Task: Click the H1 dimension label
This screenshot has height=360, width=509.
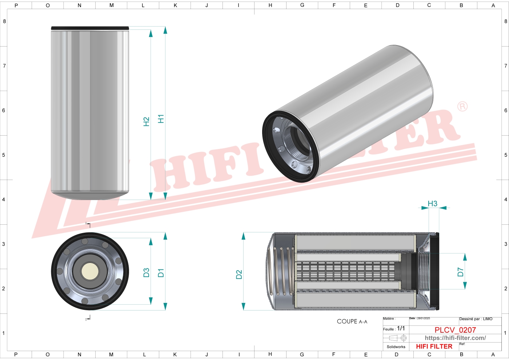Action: coord(161,119)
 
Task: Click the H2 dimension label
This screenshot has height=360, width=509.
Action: coord(146,121)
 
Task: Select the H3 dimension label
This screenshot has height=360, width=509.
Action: coord(432,204)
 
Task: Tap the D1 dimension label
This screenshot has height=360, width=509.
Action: coord(161,273)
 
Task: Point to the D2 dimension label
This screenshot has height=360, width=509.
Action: coord(239,275)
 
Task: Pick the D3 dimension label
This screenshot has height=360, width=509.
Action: coord(146,273)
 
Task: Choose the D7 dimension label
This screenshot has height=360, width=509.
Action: coord(460,272)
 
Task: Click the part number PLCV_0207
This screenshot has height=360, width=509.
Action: coord(455,330)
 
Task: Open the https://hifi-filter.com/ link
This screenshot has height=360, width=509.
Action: coord(455,338)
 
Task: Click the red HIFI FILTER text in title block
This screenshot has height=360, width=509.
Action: coord(434,347)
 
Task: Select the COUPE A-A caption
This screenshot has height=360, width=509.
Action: coord(352,321)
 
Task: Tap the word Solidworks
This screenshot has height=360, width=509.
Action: coord(396,347)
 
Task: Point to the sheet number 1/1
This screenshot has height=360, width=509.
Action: coord(401,328)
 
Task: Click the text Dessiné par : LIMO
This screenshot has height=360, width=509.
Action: coord(476,319)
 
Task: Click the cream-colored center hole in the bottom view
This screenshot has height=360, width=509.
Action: coord(90,271)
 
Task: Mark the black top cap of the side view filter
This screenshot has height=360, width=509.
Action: coord(90,28)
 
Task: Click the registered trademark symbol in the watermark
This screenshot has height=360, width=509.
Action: coord(462,107)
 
